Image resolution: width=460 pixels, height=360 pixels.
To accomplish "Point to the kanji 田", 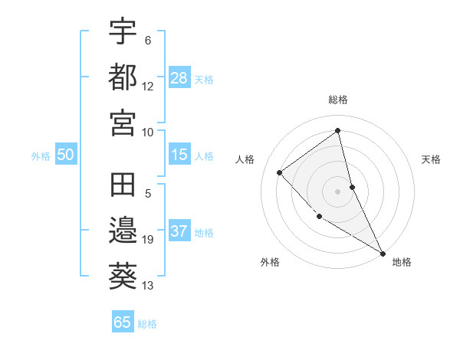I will click(123, 186).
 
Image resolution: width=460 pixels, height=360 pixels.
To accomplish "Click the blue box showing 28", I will click(179, 78).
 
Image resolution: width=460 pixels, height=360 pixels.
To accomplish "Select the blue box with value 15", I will click(179, 155).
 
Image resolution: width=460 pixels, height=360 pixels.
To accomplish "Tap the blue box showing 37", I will click(179, 231).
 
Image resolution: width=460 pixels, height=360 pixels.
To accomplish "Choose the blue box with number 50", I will click(65, 155).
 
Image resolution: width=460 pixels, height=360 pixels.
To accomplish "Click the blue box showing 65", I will click(122, 322).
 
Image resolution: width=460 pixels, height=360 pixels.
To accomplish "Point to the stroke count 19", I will click(148, 241).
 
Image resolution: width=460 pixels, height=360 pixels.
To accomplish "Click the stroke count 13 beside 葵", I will click(148, 286).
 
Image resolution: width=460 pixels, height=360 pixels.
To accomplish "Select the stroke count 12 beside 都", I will click(148, 86).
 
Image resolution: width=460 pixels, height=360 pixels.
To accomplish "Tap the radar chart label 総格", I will click(338, 100).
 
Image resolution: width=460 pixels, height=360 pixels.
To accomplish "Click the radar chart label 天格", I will click(432, 159).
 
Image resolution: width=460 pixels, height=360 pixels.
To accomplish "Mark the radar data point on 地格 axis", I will click(382, 253).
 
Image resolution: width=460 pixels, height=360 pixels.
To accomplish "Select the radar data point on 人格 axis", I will click(280, 172).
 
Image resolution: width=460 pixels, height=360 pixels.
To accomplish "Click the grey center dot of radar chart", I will click(338, 191).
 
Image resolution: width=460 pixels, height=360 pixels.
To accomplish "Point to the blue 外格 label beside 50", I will click(41, 155).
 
